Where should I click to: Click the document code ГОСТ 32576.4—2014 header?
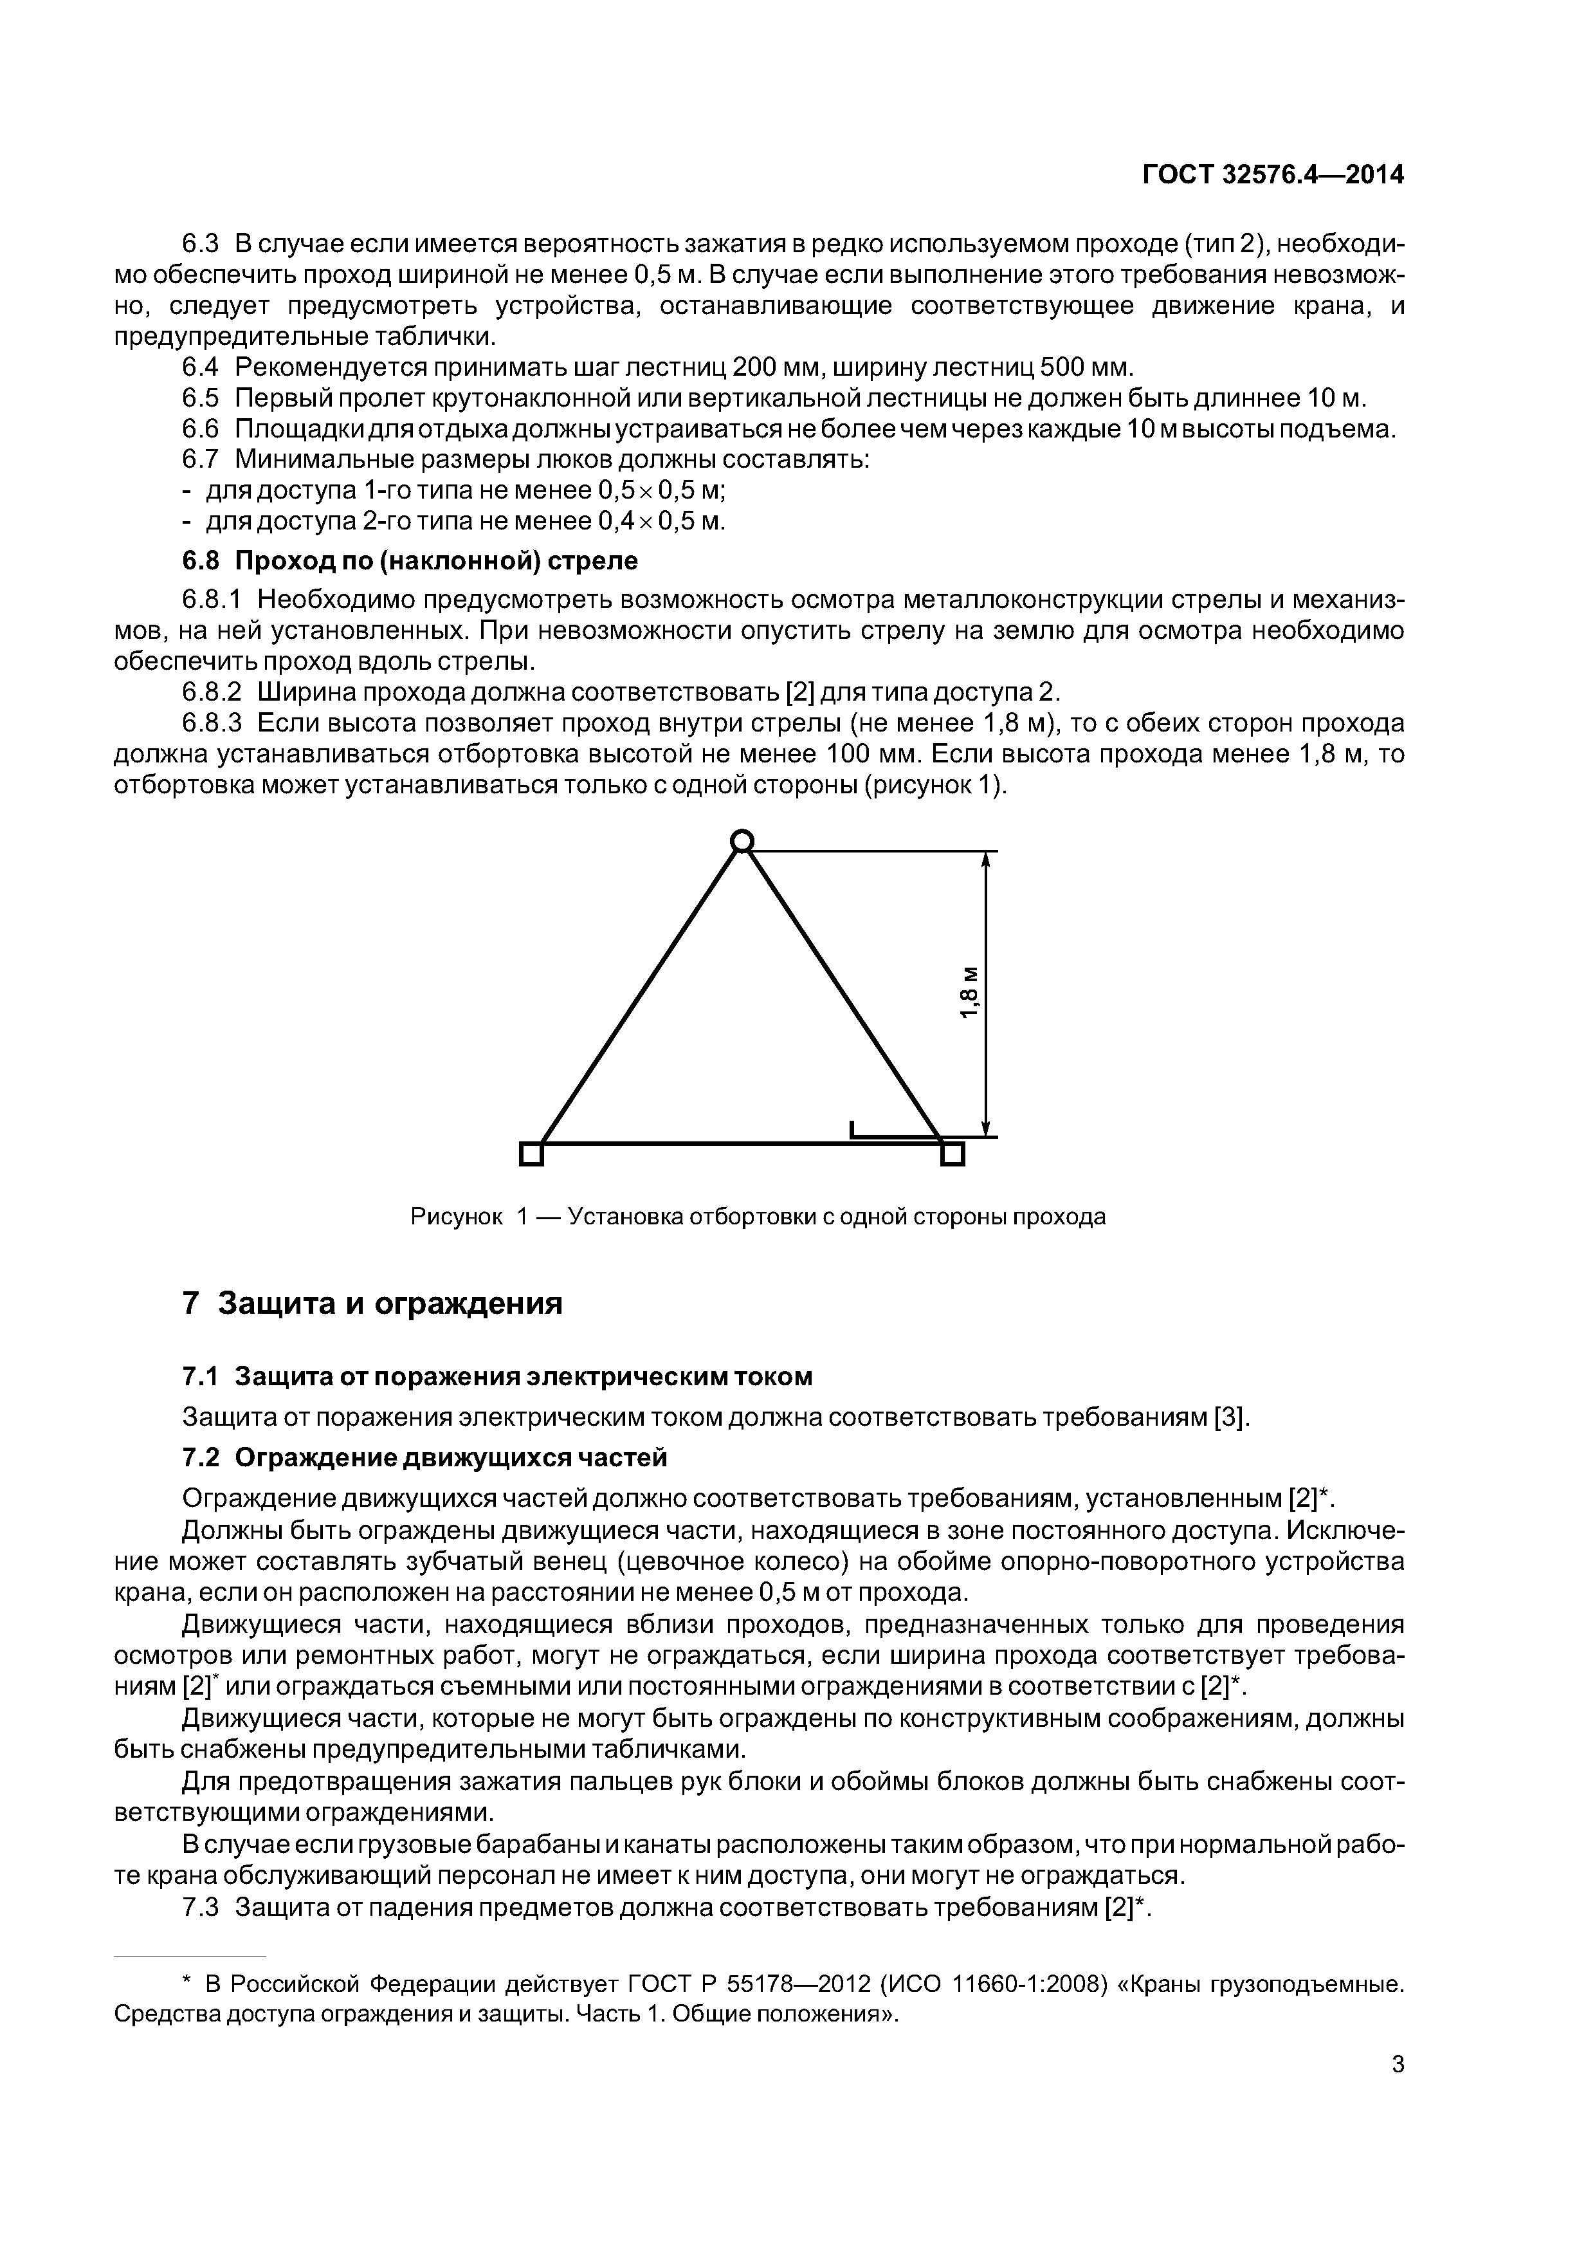(x=1273, y=175)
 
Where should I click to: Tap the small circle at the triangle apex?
(x=742, y=840)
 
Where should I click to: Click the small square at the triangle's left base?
(x=531, y=1153)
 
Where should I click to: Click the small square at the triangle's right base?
(x=952, y=1153)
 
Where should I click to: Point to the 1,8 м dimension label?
(x=969, y=993)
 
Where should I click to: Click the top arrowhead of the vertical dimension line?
(x=986, y=860)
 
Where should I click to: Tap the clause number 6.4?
(x=203, y=367)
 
